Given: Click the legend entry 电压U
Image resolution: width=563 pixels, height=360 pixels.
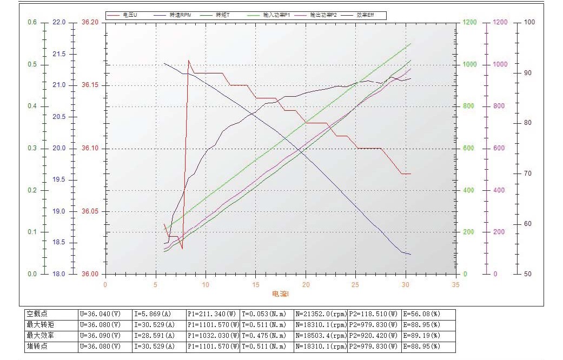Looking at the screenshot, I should pos(130,15).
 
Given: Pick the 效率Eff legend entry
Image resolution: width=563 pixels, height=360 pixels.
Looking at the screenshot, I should pos(365,15).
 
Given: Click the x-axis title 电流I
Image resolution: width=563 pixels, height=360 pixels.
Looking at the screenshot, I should pos(280,294).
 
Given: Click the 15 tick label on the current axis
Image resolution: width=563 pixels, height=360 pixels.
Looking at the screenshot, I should pos(255,284).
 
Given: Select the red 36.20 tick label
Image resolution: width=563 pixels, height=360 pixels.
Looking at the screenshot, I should pos(90,23).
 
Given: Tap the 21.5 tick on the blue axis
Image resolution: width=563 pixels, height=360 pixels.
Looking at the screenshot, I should pos(57,54).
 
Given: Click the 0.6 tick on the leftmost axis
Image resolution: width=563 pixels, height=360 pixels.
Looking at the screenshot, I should pos(32,23).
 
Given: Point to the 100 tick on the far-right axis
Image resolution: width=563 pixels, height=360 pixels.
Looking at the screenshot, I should pos(529,23).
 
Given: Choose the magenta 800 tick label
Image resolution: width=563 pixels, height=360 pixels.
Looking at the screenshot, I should pos(499,106).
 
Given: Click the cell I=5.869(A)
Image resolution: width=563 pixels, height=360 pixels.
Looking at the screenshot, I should pos(154,314).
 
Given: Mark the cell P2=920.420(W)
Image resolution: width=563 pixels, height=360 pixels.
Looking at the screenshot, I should pos(373,336).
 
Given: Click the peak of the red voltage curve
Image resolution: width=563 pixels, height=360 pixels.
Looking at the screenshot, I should pos(189,60).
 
